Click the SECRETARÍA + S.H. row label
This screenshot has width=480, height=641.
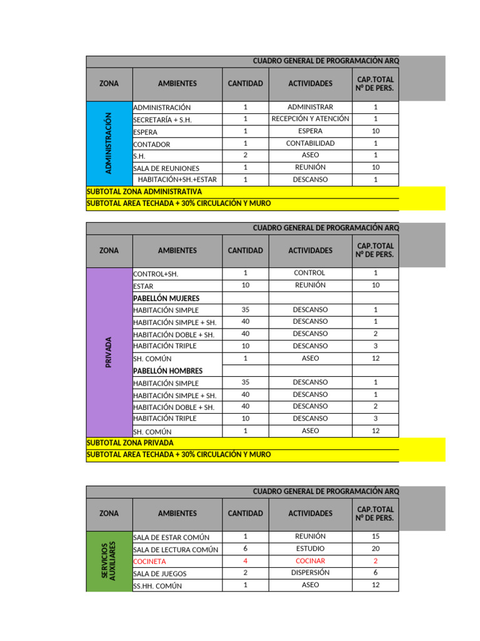tap(162, 120)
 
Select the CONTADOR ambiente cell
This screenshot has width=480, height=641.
tap(151, 144)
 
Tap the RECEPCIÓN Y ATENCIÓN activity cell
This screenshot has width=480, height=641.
tap(310, 119)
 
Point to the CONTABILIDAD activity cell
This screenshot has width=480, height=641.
tap(310, 143)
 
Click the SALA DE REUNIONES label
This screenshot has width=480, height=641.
tap(166, 168)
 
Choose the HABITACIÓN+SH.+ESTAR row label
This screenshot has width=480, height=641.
tap(177, 180)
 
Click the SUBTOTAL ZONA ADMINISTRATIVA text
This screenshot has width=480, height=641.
tap(144, 192)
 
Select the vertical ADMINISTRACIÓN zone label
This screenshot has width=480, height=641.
tap(108, 143)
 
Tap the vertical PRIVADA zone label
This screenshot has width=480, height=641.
tap(108, 352)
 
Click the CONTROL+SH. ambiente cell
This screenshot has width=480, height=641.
tap(156, 274)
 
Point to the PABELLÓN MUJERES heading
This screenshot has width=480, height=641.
tap(166, 298)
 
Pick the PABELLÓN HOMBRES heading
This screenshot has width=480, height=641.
tap(167, 371)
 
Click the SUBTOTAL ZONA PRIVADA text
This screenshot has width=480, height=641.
tap(130, 443)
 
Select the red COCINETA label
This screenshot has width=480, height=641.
tap(150, 562)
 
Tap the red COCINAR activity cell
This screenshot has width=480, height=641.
tap(310, 561)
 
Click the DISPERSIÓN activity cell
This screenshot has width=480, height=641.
tap(310, 573)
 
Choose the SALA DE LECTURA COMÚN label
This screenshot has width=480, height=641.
tap(176, 550)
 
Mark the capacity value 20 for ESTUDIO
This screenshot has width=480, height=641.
tap(376, 549)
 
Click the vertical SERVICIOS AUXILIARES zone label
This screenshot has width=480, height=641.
tap(108, 561)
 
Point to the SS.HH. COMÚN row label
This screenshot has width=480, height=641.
tap(157, 586)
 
